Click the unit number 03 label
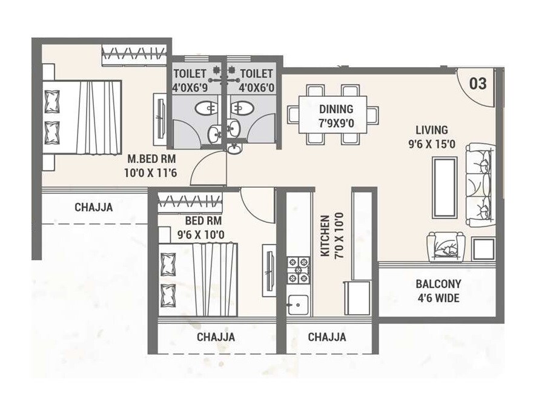point(477,84)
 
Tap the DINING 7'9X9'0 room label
point(336,115)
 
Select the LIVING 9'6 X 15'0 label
point(431,136)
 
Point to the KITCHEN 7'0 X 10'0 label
point(331,235)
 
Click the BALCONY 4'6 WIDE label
point(438,291)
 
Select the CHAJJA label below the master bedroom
point(93,208)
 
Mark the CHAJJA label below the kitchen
point(326,337)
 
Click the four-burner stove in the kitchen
point(297,270)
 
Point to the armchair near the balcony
point(447,247)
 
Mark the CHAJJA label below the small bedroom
point(216,337)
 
